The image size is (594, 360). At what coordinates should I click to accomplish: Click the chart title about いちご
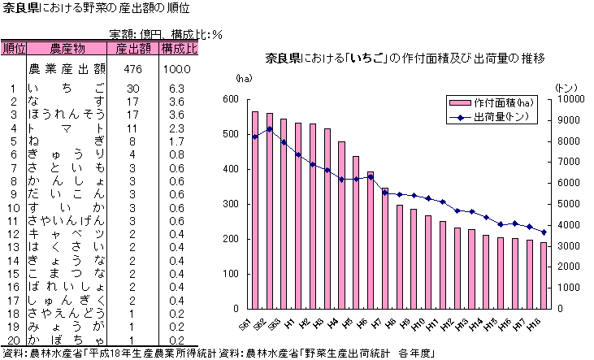click(x=405, y=59)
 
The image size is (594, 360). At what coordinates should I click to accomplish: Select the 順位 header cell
click(x=14, y=49)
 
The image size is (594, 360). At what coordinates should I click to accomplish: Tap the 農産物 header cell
click(x=67, y=49)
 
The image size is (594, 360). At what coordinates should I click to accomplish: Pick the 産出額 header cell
click(x=133, y=49)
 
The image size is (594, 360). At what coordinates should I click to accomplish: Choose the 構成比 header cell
click(x=180, y=49)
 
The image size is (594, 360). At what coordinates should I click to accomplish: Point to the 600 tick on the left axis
click(x=232, y=99)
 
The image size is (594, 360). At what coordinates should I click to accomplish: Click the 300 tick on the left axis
click(x=232, y=204)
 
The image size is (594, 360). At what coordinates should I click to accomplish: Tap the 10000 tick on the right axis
click(x=570, y=99)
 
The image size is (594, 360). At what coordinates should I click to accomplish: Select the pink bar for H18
click(x=544, y=275)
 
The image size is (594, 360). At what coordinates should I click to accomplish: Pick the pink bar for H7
click(x=384, y=249)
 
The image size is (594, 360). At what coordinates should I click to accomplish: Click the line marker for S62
click(x=269, y=128)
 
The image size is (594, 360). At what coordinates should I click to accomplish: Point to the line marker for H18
click(x=544, y=232)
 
